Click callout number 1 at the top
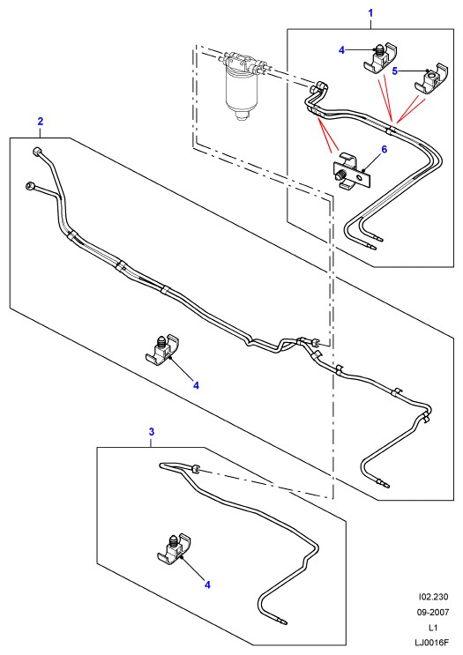370,13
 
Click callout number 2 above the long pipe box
40,121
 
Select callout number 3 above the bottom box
152,431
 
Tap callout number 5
395,71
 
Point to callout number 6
385,149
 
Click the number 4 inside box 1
342,50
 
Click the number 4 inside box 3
207,585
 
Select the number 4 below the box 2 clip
196,385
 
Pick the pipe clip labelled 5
431,79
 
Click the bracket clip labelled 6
351,171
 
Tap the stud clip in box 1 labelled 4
379,57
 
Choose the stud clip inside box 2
162,349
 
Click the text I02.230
433,597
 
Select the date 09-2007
433,612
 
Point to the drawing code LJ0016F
432,643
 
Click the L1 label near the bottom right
433,628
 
